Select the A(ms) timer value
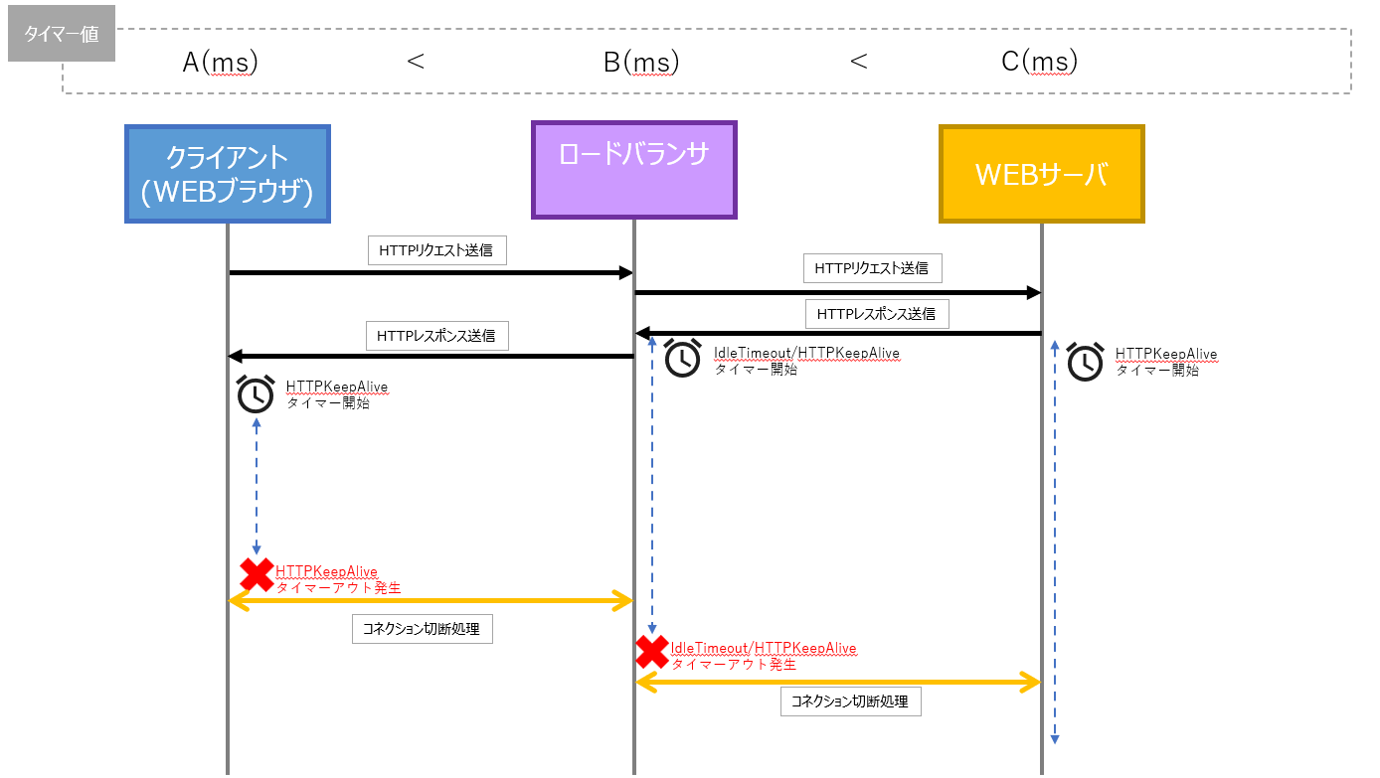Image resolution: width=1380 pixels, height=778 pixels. pyautogui.click(x=221, y=62)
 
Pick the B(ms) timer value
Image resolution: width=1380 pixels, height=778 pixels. pyautogui.click(x=641, y=62)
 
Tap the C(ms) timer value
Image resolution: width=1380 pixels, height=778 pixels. pyautogui.click(x=1040, y=62)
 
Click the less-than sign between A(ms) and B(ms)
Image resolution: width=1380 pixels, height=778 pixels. pyautogui.click(x=417, y=62)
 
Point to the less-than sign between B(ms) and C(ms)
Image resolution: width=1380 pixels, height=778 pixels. pyautogui.click(x=859, y=62)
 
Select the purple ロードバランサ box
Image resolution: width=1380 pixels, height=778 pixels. pyautogui.click(x=634, y=170)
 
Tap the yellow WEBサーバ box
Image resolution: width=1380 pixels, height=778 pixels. pyautogui.click(x=1042, y=174)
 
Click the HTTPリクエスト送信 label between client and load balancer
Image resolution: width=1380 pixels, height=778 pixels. pyautogui.click(x=436, y=251)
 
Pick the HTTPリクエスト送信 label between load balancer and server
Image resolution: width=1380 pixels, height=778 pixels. pyautogui.click(x=872, y=268)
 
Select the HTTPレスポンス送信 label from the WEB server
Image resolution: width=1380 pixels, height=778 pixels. pyautogui.click(x=876, y=314)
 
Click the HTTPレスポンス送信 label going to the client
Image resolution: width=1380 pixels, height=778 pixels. pyautogui.click(x=437, y=337)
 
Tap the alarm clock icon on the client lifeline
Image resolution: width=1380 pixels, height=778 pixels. pyautogui.click(x=257, y=394)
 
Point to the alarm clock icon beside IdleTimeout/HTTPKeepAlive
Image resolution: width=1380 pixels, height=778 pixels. pyautogui.click(x=683, y=359)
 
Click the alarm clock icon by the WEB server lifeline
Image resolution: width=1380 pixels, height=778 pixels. pyautogui.click(x=1085, y=362)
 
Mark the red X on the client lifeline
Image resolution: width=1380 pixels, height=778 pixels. pyautogui.click(x=258, y=574)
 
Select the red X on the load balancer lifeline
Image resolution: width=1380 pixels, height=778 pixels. pyautogui.click(x=652, y=652)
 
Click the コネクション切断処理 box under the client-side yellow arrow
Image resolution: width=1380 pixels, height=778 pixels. pyautogui.click(x=423, y=629)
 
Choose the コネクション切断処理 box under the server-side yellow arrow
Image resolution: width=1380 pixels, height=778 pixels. pyautogui.click(x=850, y=701)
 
